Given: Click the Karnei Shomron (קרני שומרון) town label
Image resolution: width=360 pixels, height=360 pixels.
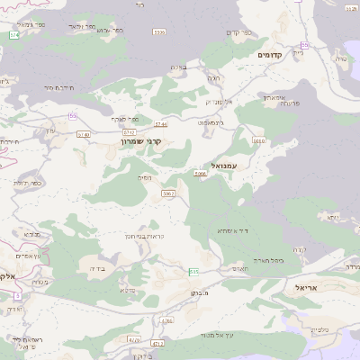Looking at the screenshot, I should coord(143,141).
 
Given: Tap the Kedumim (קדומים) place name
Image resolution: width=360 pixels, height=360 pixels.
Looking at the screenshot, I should coord(271,55).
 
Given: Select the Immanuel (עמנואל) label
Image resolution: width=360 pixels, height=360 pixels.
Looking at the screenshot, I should coord(215,166).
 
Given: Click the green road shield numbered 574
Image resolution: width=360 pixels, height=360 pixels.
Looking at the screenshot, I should coord(14,35).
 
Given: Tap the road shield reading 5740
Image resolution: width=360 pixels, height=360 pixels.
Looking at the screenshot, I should coord(84,134).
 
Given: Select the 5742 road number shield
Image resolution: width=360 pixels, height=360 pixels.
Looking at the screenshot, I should coord(117,131).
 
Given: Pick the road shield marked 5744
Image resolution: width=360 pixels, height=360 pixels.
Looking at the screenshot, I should coord(161,124).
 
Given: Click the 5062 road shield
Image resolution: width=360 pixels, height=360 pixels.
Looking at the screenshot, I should coord(168,193).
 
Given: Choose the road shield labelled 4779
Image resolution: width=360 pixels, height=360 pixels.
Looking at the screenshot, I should coord(134,340).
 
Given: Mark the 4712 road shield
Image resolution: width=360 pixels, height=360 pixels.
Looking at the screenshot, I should coord(157,344).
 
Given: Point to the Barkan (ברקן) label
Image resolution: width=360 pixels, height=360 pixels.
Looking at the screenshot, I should coord(200,293).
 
